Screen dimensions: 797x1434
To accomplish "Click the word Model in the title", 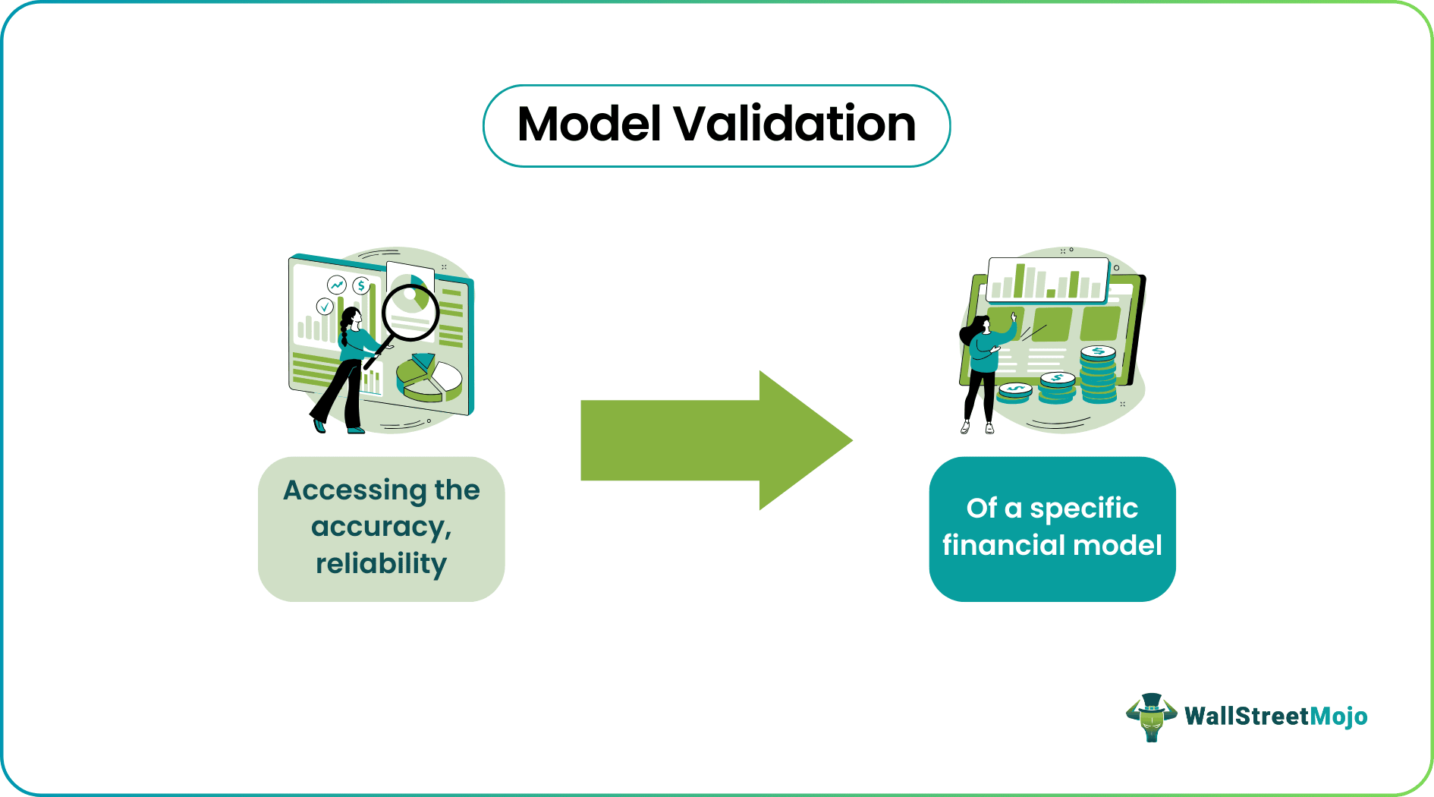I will point(590,124).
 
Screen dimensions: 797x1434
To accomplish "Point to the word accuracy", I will point(380,527).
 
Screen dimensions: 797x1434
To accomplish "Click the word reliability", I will point(381,564).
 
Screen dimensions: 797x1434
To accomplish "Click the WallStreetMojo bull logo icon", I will point(1151,717).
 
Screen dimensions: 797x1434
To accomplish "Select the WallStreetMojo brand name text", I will point(1275,716).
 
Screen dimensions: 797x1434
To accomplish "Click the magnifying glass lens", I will point(410,311).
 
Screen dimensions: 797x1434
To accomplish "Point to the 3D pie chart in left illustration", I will point(429,377).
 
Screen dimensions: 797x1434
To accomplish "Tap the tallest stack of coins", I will point(1098,375).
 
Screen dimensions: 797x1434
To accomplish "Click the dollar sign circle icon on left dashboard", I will point(361,285).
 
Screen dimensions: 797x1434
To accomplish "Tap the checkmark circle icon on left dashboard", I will point(325,307).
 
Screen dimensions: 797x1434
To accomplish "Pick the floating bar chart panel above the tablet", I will point(1048,280).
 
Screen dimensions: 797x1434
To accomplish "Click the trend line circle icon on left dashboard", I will point(336,285).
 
